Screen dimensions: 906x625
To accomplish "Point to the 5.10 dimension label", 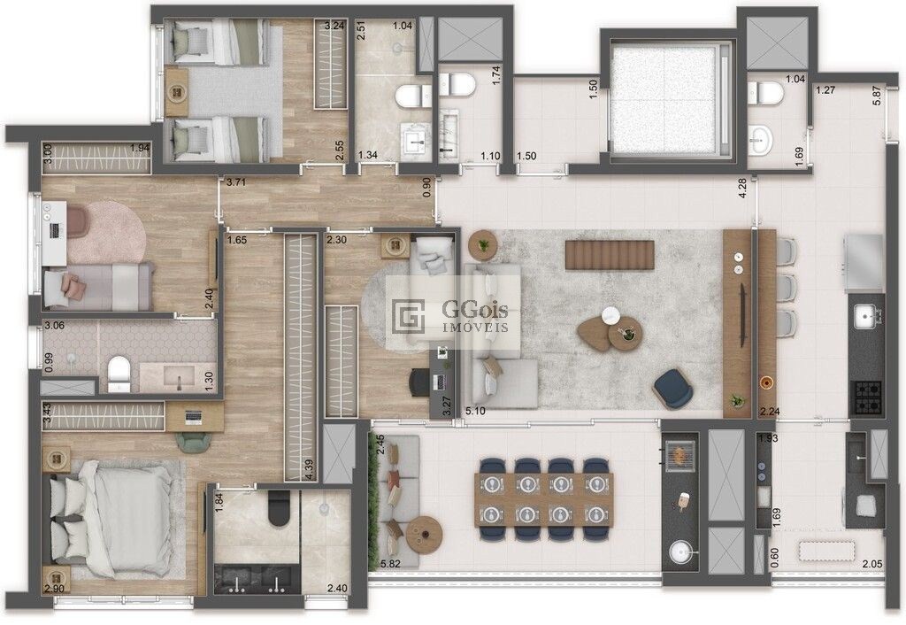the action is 475,412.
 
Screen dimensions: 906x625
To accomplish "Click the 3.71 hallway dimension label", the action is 236,182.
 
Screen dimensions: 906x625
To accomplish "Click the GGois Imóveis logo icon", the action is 408,316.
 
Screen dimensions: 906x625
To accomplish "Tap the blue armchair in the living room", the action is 673,390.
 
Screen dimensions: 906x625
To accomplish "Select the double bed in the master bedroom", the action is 111,519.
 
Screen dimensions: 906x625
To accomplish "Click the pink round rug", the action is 107,231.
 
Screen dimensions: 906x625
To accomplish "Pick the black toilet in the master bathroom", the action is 279,507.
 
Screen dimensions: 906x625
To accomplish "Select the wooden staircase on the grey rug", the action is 610,256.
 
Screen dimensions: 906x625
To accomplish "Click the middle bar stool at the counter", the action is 787,288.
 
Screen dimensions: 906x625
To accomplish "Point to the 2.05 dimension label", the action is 872,564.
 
